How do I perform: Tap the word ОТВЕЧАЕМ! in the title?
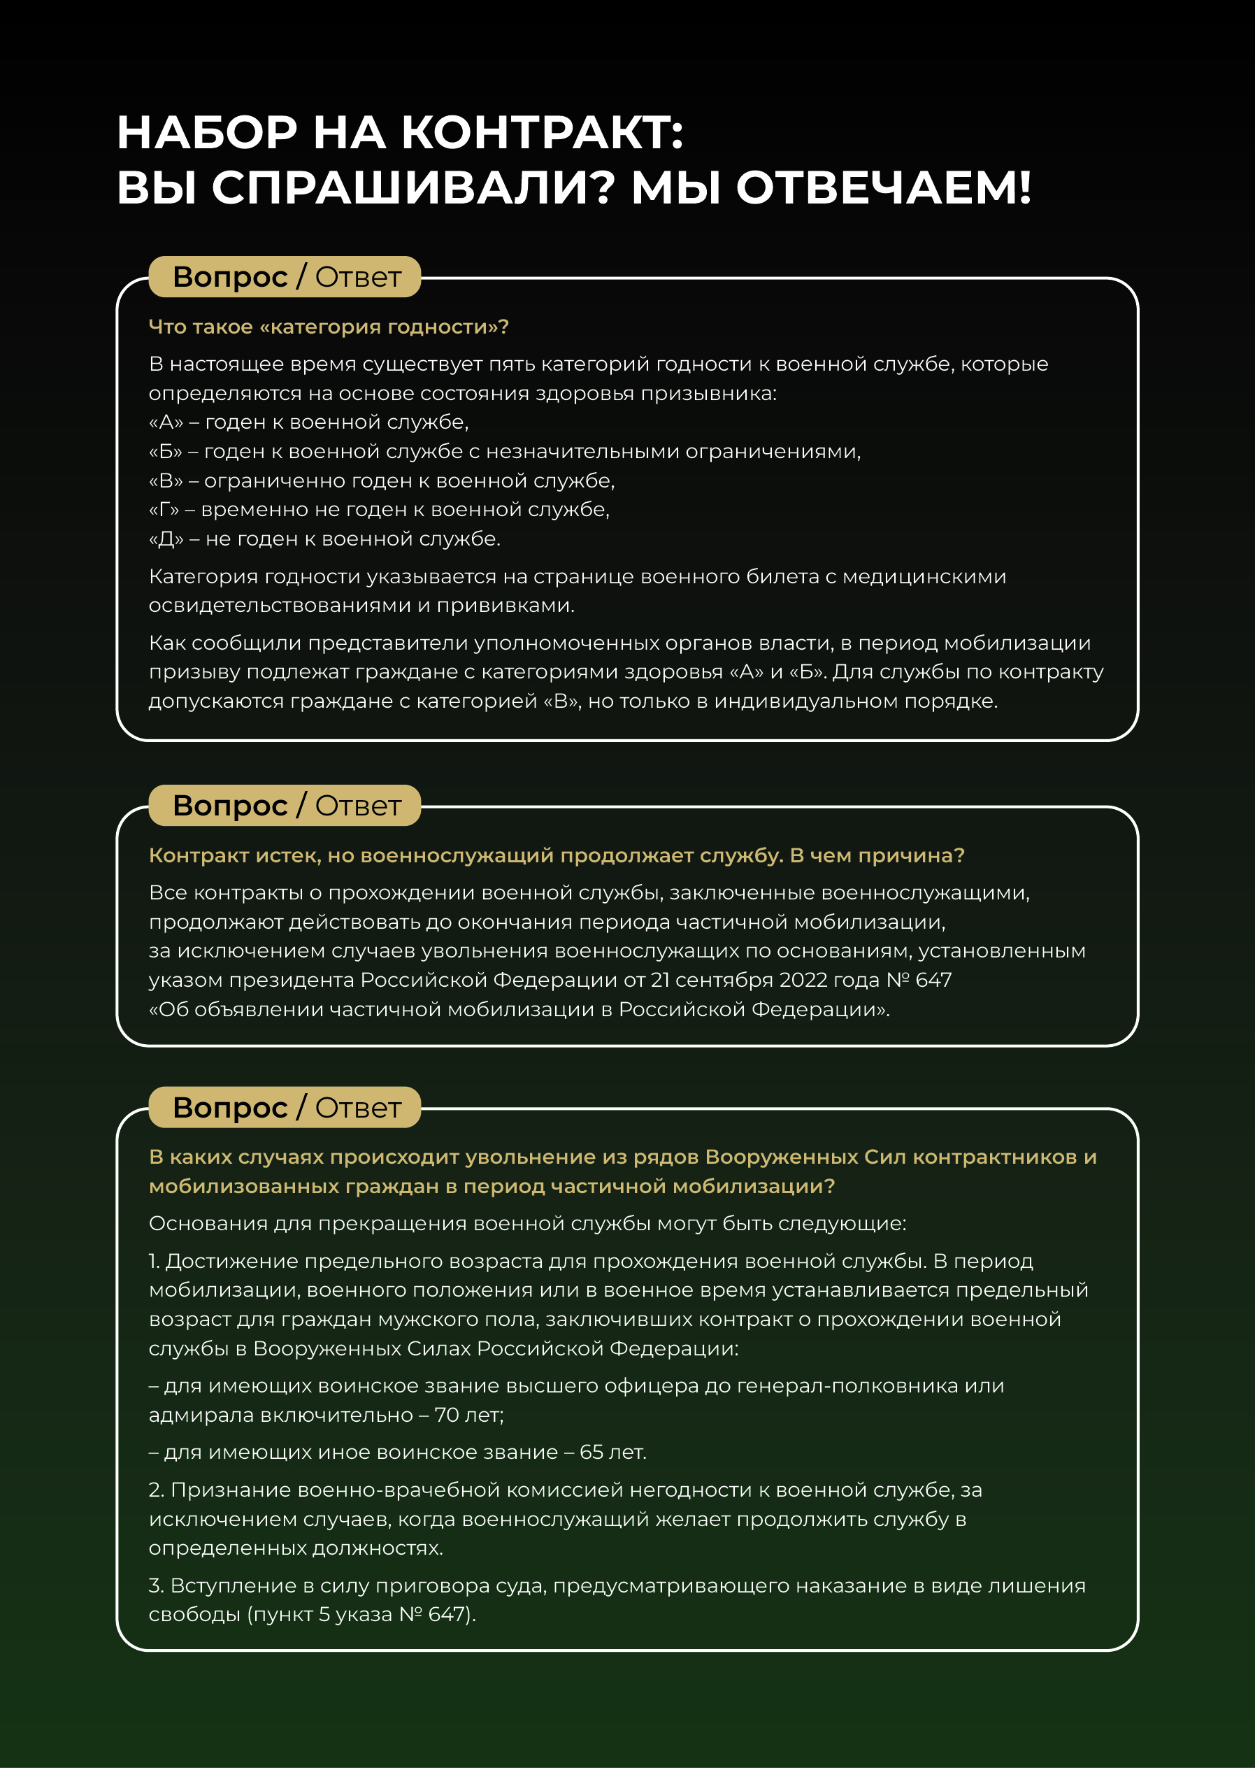pyautogui.click(x=883, y=188)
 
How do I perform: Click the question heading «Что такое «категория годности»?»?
pyautogui.click(x=329, y=327)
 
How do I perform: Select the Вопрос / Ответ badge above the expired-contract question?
pyautogui.click(x=285, y=806)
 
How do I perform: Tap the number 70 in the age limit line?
pyautogui.click(x=447, y=1415)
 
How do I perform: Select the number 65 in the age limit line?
pyautogui.click(x=591, y=1452)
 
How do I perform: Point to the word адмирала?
pyautogui.click(x=201, y=1415)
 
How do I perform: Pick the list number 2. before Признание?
pyautogui.click(x=156, y=1490)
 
